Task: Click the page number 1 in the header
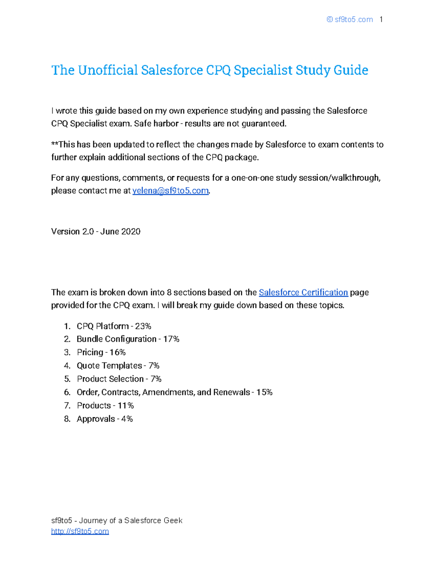coord(381,20)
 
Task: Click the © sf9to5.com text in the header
coord(349,20)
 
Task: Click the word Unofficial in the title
coord(108,70)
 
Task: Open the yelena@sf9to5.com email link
coord(170,191)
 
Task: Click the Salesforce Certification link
coord(303,293)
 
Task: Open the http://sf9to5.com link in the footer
coord(80,531)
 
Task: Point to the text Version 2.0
coord(72,232)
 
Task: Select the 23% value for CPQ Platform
coord(143,326)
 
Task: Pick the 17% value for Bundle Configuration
coord(171,339)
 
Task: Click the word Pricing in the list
coord(90,352)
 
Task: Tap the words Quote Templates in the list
coord(109,366)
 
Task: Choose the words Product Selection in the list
coord(110,379)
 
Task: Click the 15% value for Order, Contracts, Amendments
coord(264,392)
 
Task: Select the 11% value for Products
coord(125,406)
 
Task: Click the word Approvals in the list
coord(96,419)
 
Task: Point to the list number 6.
coord(67,392)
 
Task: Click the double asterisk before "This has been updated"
coord(55,144)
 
